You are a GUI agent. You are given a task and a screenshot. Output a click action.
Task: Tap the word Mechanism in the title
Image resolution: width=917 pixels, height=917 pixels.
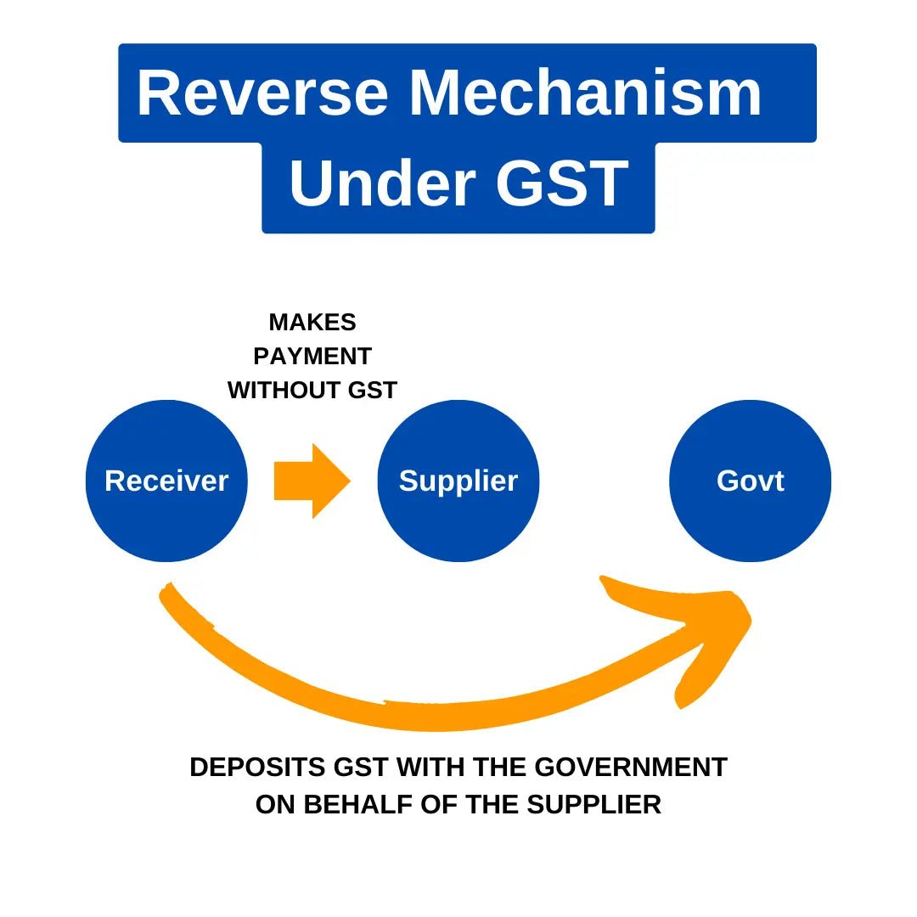586,93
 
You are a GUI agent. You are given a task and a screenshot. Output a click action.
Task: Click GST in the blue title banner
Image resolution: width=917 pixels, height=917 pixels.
562,184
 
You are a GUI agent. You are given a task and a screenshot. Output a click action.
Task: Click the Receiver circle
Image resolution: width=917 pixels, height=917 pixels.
166,481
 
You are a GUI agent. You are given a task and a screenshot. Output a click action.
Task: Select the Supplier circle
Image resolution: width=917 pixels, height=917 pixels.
458,481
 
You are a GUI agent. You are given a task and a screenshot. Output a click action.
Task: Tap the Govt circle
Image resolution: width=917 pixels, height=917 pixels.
750,481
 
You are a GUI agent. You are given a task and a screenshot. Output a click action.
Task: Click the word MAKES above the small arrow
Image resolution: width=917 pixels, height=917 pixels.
312,323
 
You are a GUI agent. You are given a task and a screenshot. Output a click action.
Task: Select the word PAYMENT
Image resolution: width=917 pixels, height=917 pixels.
312,357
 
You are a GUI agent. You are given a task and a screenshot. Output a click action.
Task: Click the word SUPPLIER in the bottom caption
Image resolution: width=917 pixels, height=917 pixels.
594,805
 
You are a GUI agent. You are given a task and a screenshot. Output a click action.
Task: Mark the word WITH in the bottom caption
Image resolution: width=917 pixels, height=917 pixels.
430,768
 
